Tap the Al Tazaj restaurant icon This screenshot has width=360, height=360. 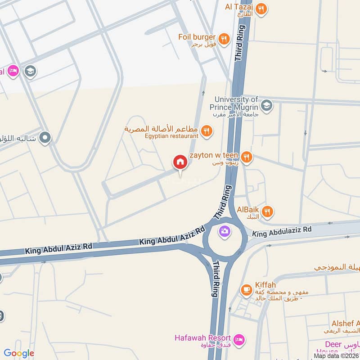tap(261, 9)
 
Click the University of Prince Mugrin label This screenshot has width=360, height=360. tap(236, 103)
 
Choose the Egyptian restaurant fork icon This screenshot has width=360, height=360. tap(206, 131)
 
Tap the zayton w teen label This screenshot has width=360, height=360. tap(213, 155)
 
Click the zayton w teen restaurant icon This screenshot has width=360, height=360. tap(246, 157)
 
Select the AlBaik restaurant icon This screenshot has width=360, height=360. tap(267, 211)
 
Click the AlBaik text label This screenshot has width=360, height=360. tap(248, 210)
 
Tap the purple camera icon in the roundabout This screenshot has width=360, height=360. tap(224, 231)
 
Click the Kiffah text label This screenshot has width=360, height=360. tap(265, 285)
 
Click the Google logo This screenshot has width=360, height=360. tap(19, 353)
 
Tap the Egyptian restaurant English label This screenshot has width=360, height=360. tap(171, 135)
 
